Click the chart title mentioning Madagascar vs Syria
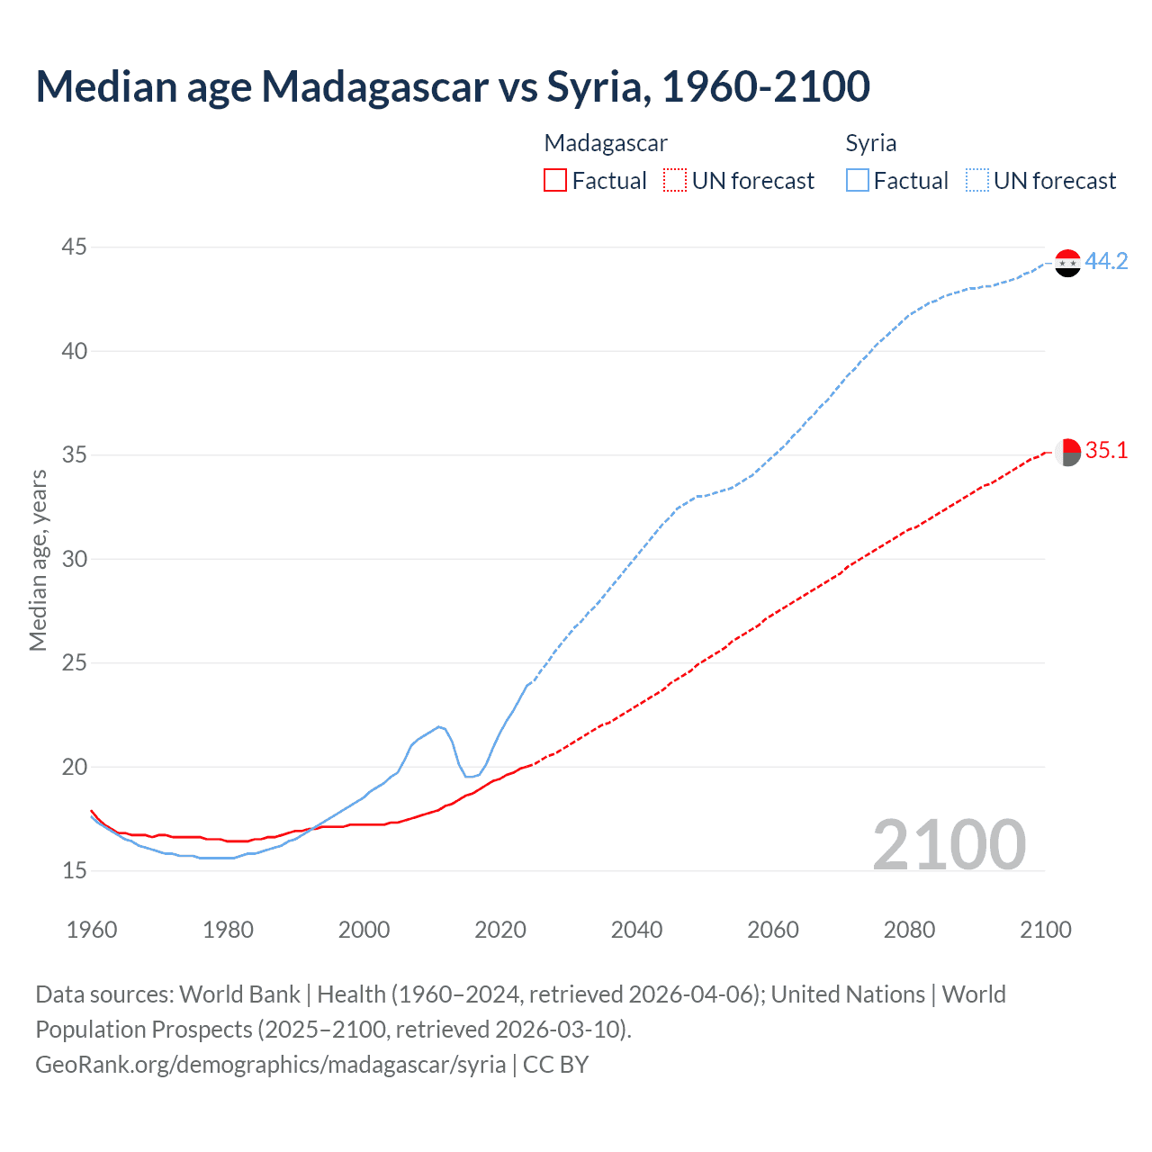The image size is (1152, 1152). (453, 86)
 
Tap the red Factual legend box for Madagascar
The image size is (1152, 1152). (555, 181)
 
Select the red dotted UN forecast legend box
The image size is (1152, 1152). (675, 181)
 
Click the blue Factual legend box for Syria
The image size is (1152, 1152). (858, 181)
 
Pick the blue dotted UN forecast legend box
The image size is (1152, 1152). (977, 181)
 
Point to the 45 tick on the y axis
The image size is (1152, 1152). (75, 247)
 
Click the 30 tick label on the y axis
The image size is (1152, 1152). (75, 559)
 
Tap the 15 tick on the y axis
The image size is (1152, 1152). (75, 870)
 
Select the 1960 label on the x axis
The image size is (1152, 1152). (92, 930)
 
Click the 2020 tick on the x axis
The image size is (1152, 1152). (500, 930)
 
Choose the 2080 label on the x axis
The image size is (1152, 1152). (909, 930)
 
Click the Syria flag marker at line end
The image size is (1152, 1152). (1067, 263)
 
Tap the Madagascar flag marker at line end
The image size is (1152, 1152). (1067, 453)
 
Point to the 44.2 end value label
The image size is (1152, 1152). (1106, 261)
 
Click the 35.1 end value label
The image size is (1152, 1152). (1106, 450)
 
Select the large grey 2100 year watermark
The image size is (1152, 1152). (949, 844)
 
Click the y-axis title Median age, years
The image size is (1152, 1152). (38, 560)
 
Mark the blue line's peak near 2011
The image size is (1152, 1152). (438, 726)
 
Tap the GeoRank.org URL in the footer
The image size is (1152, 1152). (270, 1064)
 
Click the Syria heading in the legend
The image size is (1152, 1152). (870, 143)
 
